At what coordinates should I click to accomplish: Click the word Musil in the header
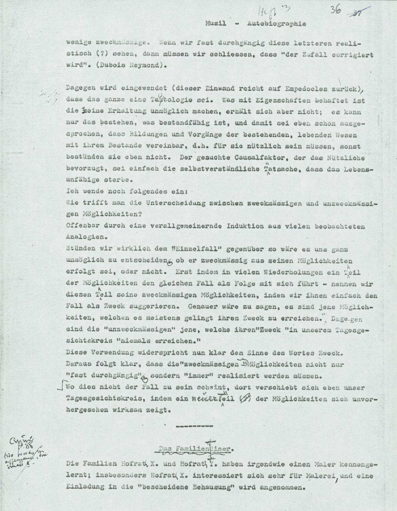click(216, 24)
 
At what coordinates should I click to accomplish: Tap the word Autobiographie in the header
click(276, 24)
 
